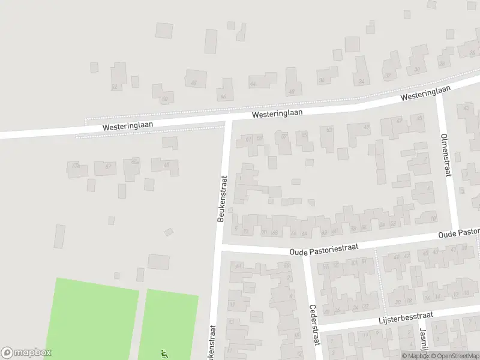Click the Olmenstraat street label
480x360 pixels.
click(x=446, y=154)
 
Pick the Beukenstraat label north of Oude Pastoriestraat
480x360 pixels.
click(x=221, y=198)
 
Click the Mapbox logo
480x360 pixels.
click(x=26, y=353)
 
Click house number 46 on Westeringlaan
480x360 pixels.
click(x=292, y=91)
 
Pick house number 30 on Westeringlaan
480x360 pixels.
click(x=417, y=70)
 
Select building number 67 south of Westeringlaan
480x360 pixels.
click(x=109, y=166)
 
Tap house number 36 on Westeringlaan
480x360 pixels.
click(x=322, y=80)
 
